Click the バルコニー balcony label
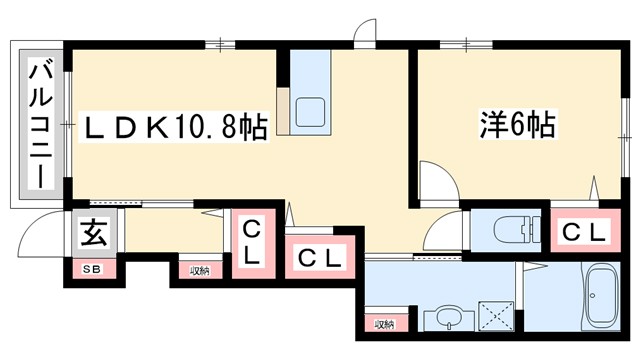(40, 124)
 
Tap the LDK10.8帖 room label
(174, 128)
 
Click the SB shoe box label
(91, 268)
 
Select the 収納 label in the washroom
(384, 323)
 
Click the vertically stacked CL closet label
(251, 242)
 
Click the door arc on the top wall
(365, 30)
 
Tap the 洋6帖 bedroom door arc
(437, 185)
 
